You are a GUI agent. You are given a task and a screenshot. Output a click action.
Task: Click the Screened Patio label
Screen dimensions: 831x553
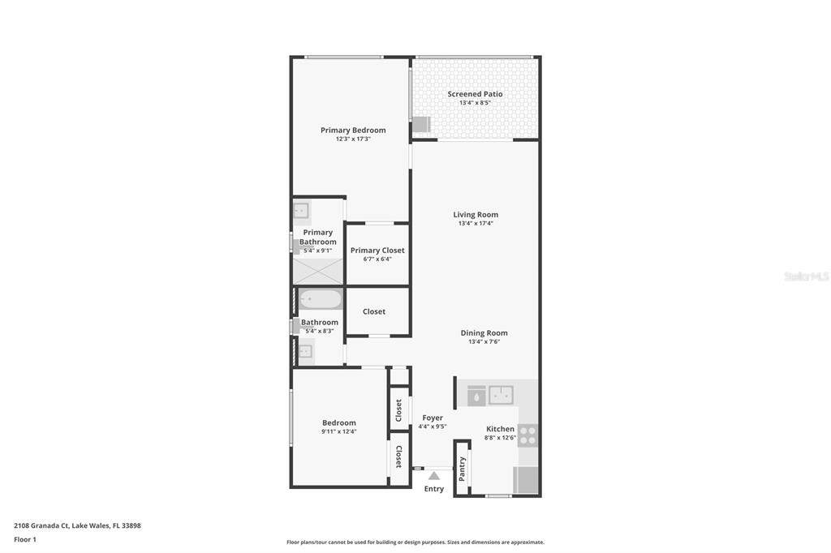pyautogui.click(x=475, y=94)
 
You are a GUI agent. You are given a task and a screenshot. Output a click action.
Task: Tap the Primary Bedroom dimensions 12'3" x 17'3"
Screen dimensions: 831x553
pyautogui.click(x=353, y=139)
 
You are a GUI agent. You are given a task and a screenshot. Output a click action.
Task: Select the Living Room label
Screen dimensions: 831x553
pyautogui.click(x=476, y=215)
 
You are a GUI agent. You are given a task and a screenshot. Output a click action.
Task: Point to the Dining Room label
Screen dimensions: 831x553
pyautogui.click(x=484, y=332)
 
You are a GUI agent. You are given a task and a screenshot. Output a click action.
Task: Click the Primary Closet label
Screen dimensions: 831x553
pyautogui.click(x=377, y=250)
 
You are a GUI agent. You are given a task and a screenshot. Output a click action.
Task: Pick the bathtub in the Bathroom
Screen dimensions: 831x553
pyautogui.click(x=320, y=299)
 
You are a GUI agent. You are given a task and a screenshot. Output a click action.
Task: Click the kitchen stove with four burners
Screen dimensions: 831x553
pyautogui.click(x=527, y=435)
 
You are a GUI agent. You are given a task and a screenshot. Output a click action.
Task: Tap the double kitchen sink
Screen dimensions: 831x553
pyautogui.click(x=501, y=395)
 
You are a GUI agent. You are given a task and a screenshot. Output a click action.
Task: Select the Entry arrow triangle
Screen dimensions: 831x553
pyautogui.click(x=434, y=476)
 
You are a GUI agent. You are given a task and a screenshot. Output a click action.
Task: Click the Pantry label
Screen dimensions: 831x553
pyautogui.click(x=462, y=469)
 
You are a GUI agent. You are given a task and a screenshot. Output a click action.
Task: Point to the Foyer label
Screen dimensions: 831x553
pyautogui.click(x=433, y=418)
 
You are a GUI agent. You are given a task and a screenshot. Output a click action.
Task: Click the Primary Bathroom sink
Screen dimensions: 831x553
pyautogui.click(x=302, y=210)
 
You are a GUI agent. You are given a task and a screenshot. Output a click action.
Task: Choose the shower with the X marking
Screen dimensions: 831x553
pyautogui.click(x=318, y=271)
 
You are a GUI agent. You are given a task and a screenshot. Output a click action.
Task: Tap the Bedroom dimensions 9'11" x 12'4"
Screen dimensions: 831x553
pyautogui.click(x=338, y=431)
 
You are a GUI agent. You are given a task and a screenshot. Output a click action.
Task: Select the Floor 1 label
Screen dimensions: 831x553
pyautogui.click(x=25, y=539)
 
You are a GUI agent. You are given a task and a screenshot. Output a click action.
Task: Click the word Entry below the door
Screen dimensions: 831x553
pyautogui.click(x=434, y=488)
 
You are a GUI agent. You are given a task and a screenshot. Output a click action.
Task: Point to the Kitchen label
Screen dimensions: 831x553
pyautogui.click(x=500, y=428)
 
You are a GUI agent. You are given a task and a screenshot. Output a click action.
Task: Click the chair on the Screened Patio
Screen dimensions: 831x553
pyautogui.click(x=421, y=125)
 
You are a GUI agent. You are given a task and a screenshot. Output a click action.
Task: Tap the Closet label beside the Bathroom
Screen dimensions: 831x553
pyautogui.click(x=373, y=311)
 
